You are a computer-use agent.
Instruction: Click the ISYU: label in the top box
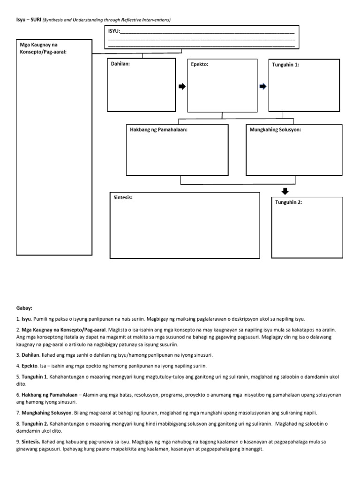tap(114, 31)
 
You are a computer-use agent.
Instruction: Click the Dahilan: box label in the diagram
tap(120, 64)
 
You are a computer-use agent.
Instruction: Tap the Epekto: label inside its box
tap(200, 64)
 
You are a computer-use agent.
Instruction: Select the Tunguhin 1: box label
tap(285, 65)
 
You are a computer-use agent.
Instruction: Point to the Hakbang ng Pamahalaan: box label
tap(159, 129)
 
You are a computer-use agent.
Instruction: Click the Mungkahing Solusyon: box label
tap(276, 129)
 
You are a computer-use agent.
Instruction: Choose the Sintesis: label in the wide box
tap(123, 197)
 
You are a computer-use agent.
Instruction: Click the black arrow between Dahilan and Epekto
tap(182, 86)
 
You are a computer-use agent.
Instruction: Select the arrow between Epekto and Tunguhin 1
tap(263, 86)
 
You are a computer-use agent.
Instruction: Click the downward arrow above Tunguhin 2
tap(285, 191)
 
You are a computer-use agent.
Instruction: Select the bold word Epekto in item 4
tap(29, 366)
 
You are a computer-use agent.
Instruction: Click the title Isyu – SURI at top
tap(27, 20)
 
